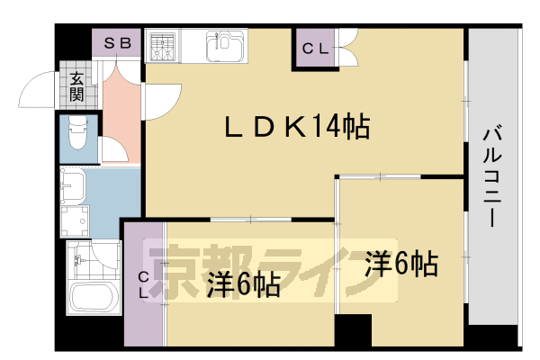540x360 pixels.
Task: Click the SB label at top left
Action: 117,42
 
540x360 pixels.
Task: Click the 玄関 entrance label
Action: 77,85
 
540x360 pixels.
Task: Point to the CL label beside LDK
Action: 314,49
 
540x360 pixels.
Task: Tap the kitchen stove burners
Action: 163,45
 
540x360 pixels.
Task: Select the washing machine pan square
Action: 79,220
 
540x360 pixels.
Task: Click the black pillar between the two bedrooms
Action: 352,330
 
